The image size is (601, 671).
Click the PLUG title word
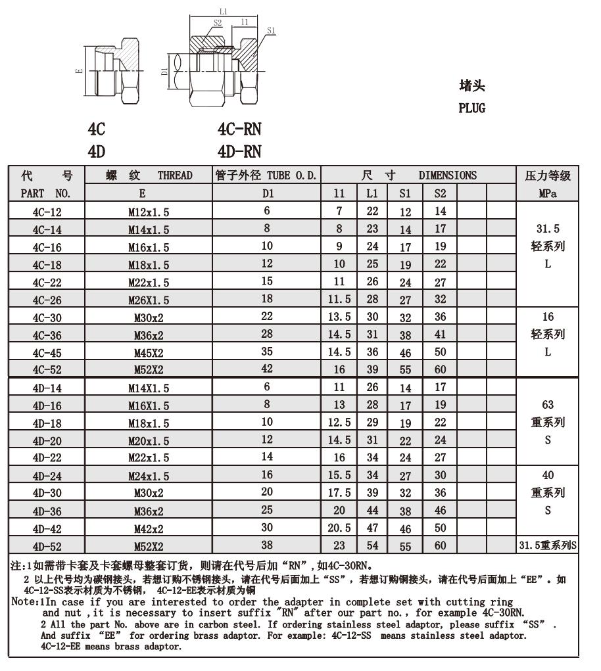pyautogui.click(x=471, y=108)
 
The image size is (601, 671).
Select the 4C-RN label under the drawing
pyautogui.click(x=239, y=130)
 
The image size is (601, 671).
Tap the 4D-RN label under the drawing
pyautogui.click(x=239, y=152)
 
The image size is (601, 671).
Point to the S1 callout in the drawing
pyautogui.click(x=272, y=30)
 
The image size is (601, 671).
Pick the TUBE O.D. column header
pyautogui.click(x=266, y=175)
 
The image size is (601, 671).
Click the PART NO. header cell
pyautogui.click(x=45, y=193)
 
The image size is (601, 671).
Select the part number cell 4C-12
pyautogui.click(x=45, y=212)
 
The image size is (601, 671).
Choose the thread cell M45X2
pyautogui.click(x=148, y=352)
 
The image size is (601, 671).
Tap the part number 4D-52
pyautogui.click(x=45, y=545)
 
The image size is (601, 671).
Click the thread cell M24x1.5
pyautogui.click(x=148, y=476)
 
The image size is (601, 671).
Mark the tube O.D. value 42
pyautogui.click(x=266, y=369)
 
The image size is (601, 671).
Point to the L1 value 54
pyautogui.click(x=372, y=545)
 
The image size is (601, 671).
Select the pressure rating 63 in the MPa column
pyautogui.click(x=548, y=404)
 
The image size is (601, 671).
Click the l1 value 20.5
pyautogui.click(x=339, y=528)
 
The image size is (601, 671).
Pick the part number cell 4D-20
pyautogui.click(x=45, y=440)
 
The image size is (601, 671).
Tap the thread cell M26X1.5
pyautogui.click(x=148, y=300)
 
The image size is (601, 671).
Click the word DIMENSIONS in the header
pyautogui.click(x=448, y=175)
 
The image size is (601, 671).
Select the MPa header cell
pyautogui.click(x=548, y=193)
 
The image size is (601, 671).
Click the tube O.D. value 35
pyautogui.click(x=266, y=352)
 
